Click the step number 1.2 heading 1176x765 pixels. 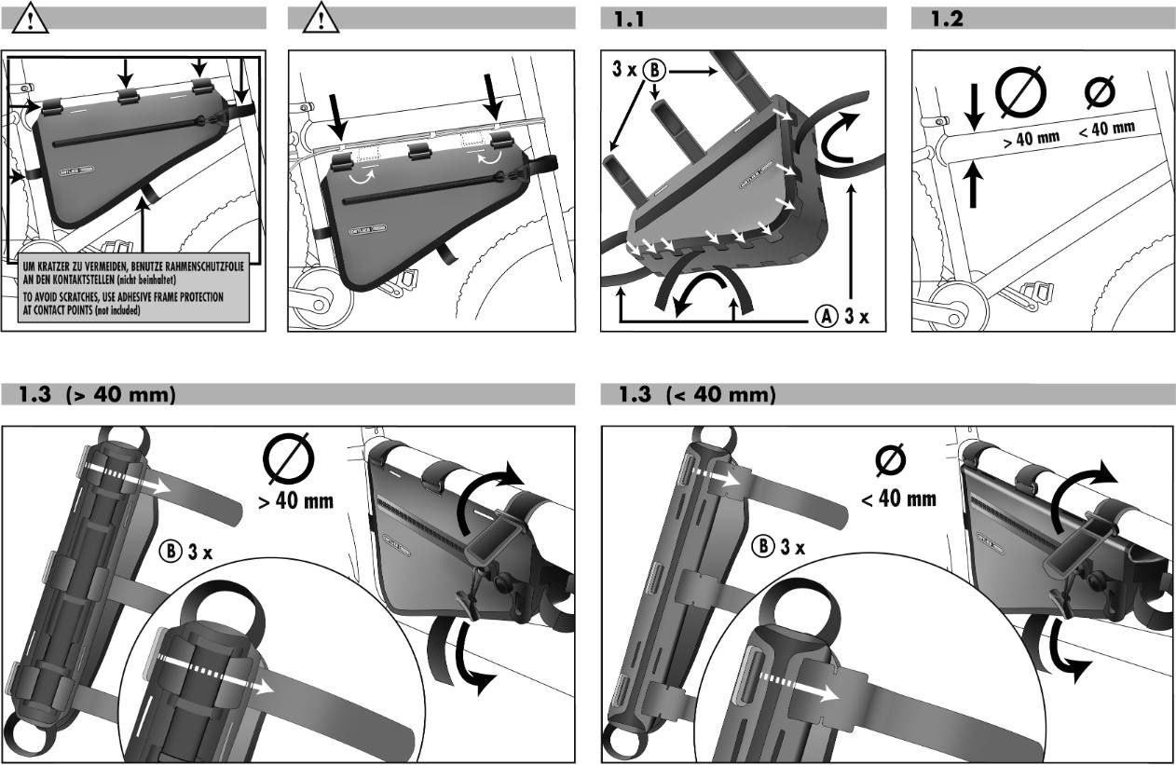tap(948, 18)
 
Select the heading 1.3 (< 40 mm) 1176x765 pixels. tap(697, 395)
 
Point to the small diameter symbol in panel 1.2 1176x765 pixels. tap(1101, 91)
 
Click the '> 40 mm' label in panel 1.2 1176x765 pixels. tap(1031, 140)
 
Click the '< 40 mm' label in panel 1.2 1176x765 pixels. tap(1107, 128)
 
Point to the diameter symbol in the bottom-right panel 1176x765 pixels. tap(892, 461)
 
